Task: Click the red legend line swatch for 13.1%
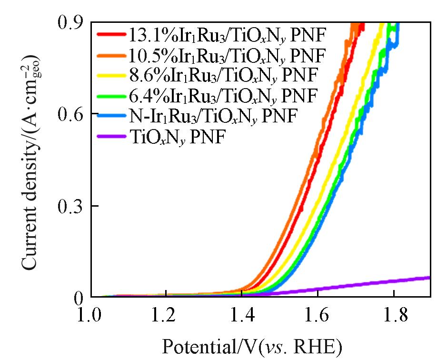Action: [x=111, y=34]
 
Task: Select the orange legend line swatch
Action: [x=111, y=55]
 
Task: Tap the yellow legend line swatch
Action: [x=111, y=76]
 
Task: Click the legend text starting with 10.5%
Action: [x=227, y=55]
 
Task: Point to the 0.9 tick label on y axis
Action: [x=70, y=22]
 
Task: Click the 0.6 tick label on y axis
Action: [x=70, y=114]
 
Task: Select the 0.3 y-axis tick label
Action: [x=70, y=206]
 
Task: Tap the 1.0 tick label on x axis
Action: [x=90, y=316]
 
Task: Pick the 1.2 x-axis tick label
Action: [x=166, y=316]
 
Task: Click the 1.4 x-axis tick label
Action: [x=242, y=316]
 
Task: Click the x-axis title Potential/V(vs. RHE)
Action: [x=252, y=347]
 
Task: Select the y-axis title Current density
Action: [x=32, y=162]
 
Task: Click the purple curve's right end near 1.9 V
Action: [x=429, y=278]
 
